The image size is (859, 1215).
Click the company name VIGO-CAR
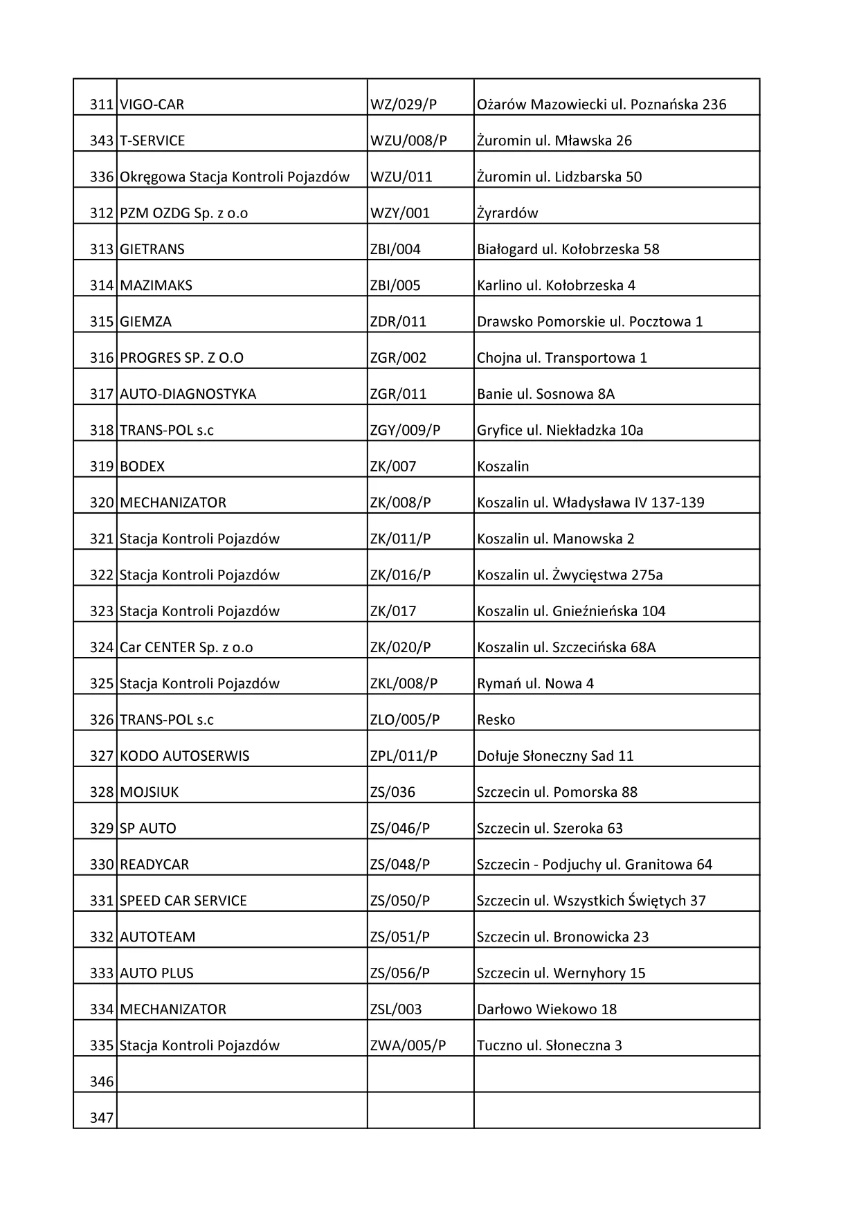152,105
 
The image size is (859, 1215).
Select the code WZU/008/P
408,141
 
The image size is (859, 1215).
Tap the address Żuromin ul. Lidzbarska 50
559,177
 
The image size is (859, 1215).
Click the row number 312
101,213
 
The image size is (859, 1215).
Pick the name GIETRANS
152,249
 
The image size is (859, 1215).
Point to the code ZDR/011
398,322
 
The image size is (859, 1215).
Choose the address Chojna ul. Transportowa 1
561,358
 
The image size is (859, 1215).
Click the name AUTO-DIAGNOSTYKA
188,394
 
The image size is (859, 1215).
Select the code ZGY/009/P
405,430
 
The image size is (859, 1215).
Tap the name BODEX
142,467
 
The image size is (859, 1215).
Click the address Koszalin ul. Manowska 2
555,539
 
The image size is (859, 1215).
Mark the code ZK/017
392,611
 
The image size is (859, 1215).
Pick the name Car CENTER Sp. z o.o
186,647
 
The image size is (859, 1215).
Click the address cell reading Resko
496,720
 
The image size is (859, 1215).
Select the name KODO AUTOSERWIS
184,756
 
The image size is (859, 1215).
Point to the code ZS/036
392,792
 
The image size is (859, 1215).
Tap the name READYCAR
154,865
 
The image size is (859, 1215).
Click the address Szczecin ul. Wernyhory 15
561,973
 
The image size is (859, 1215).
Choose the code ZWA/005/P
408,1045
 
